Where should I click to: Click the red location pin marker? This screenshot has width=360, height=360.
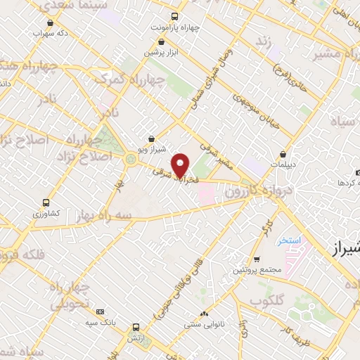pos(181,165)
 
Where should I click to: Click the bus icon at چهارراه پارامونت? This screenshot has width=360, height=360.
pos(175,18)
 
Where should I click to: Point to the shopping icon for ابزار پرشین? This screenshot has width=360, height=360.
pos(150,41)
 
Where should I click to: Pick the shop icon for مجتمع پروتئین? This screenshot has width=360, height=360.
pos(257,259)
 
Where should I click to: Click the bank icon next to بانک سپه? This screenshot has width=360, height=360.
pos(99,311)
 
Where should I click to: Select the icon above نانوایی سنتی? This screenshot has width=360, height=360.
pos(204,314)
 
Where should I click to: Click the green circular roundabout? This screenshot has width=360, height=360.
pos(131,159)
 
